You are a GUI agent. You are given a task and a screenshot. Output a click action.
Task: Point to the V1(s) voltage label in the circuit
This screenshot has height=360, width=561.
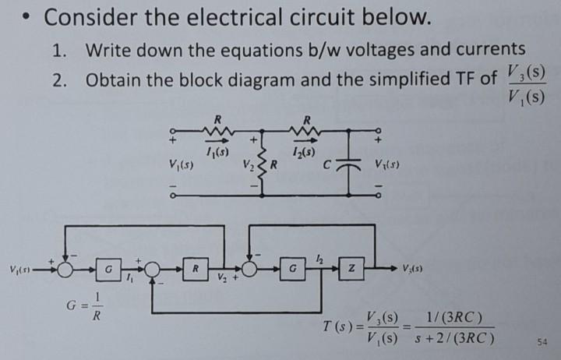point(182,165)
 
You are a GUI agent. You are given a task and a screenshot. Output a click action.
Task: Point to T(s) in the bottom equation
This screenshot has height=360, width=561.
point(337,330)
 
